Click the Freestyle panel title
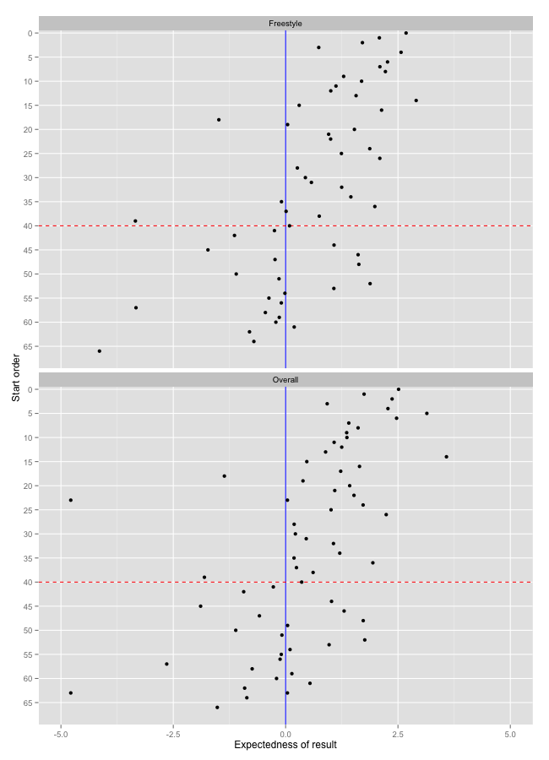coord(285,23)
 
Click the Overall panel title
coord(285,380)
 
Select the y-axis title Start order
coord(15,377)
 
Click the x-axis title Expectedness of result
coord(285,745)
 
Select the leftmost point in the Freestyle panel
coord(100,351)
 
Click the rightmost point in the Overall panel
coord(447,457)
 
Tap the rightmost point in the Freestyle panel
coord(416,100)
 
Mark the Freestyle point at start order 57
coord(136,307)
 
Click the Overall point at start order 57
coord(166,664)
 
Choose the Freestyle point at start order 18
coord(219,120)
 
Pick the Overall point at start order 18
coord(225,476)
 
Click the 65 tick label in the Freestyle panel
coord(28,346)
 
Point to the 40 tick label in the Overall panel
coord(28,582)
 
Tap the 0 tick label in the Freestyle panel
coord(30,33)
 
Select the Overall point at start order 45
coord(200,606)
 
